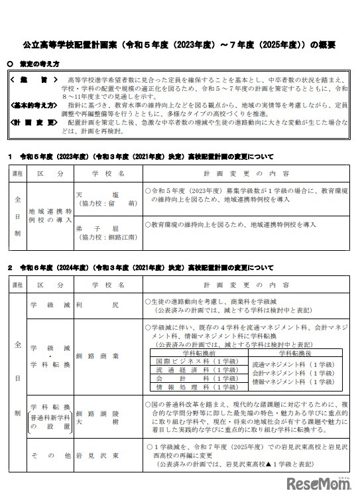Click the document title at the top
tap(180, 46)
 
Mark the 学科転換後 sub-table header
tap(292, 352)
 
